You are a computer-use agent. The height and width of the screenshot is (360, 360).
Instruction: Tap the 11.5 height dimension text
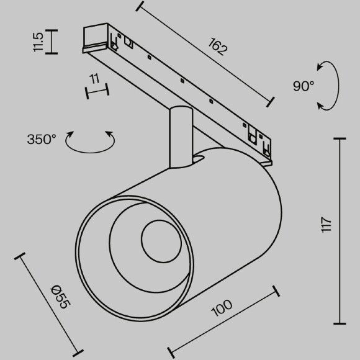pos(38,42)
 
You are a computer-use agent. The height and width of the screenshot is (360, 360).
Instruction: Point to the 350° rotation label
pos(42,139)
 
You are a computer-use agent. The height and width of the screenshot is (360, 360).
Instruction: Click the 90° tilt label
pos(304,86)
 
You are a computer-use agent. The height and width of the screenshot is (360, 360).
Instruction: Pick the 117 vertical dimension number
pos(328,229)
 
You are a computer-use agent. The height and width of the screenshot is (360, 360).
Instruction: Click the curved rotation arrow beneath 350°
pos(91,142)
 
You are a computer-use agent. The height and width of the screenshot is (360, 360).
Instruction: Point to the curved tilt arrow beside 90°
pos(329,86)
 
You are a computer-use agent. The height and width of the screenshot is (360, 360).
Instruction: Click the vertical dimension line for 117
pos(340,231)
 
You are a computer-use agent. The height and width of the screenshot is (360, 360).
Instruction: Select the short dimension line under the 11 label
pos(97,91)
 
